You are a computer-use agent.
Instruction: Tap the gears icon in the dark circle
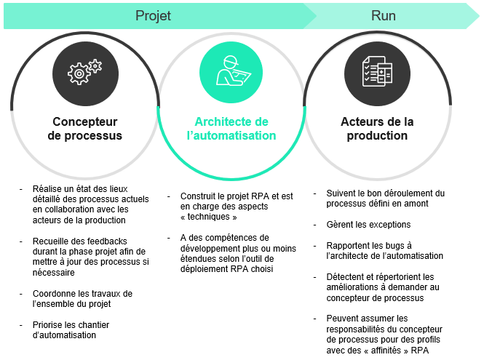point(85,73)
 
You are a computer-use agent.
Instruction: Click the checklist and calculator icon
point(377,73)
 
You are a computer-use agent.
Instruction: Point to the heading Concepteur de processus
point(85,129)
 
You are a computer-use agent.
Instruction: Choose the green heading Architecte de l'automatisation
point(231,129)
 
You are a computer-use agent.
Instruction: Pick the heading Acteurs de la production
point(377,129)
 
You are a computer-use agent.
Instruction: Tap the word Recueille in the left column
point(52,241)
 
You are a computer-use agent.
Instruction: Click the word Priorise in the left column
point(48,324)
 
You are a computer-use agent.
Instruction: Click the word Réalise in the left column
point(48,188)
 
